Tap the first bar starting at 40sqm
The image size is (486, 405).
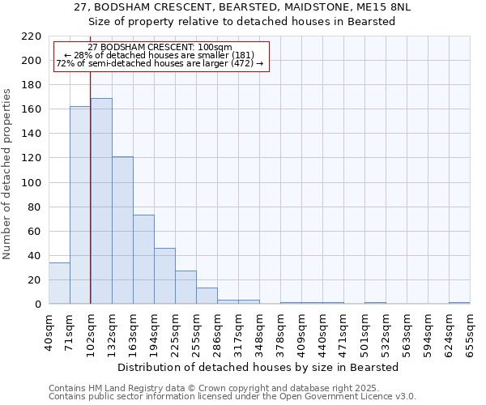click(x=59, y=283)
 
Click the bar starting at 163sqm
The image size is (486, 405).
click(x=143, y=259)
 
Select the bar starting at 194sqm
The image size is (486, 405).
click(x=164, y=275)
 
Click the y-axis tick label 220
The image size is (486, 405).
click(x=31, y=36)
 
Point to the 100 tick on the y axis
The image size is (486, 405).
click(x=31, y=182)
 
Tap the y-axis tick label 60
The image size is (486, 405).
click(x=34, y=231)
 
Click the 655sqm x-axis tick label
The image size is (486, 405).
click(x=471, y=331)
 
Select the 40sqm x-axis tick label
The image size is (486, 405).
click(x=49, y=331)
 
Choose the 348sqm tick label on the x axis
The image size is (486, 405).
click(x=260, y=331)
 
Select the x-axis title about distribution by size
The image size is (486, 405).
click(x=259, y=367)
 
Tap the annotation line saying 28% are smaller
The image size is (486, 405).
click(x=160, y=55)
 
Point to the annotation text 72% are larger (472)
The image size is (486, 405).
click(x=160, y=63)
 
